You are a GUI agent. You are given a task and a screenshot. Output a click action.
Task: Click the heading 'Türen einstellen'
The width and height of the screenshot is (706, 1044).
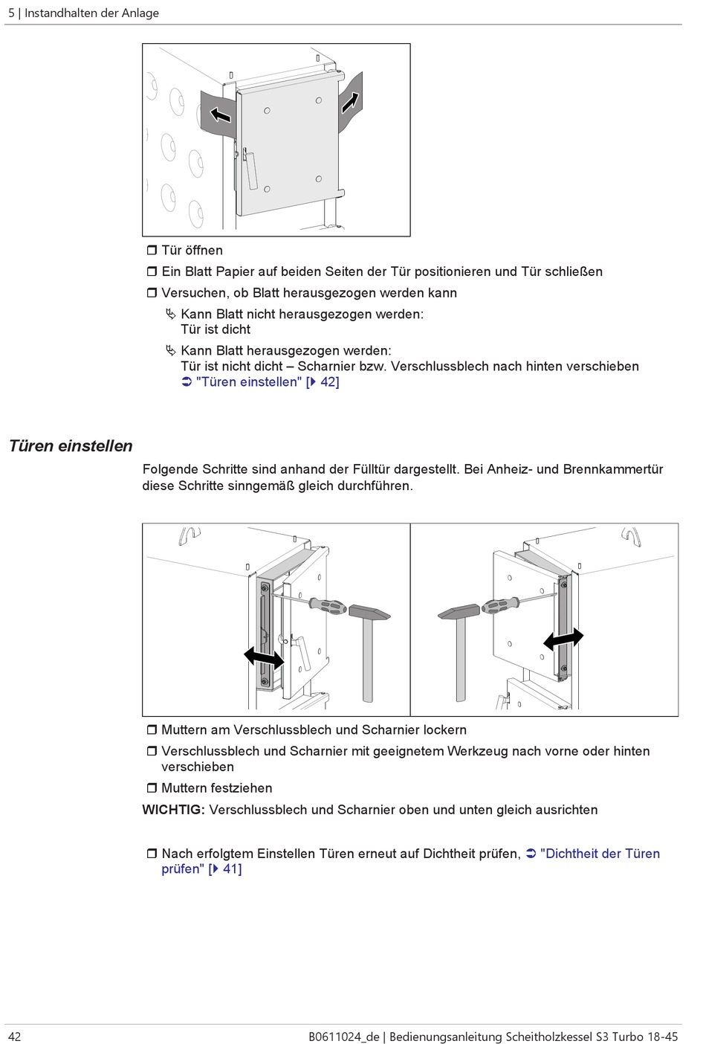point(71,446)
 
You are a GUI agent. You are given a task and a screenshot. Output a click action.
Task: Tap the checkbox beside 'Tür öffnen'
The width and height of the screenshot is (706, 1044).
point(152,251)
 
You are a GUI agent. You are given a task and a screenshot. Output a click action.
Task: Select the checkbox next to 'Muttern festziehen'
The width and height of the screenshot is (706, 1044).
point(152,787)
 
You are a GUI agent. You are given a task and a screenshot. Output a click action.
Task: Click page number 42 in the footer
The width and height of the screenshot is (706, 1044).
point(15,1037)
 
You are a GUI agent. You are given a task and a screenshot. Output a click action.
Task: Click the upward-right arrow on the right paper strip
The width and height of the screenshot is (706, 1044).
point(350,103)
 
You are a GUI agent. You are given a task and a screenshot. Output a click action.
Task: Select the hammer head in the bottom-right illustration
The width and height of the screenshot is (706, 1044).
point(459,611)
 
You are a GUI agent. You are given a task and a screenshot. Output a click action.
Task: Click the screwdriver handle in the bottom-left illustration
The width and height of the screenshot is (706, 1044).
point(328,605)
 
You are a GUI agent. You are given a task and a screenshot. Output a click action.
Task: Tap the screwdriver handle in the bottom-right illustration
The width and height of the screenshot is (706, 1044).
point(500,605)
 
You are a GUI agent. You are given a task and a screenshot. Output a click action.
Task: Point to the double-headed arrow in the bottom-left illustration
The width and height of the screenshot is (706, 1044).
point(264,657)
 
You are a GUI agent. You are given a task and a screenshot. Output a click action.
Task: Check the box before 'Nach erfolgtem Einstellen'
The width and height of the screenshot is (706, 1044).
point(152,854)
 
